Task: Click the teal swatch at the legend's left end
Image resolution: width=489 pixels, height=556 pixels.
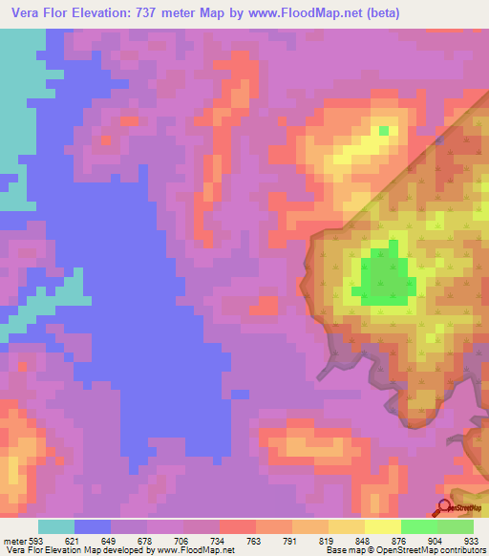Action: (56, 526)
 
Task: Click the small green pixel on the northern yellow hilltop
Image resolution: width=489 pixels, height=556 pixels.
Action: (384, 130)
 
